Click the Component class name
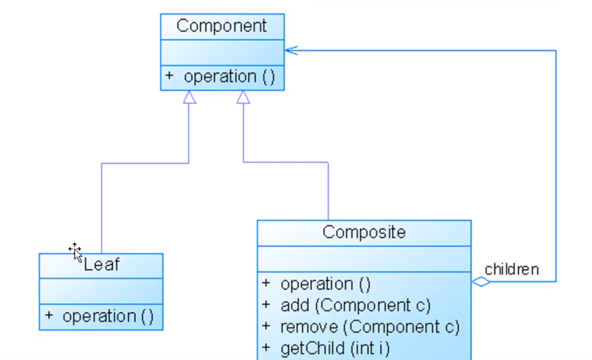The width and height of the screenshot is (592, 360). click(x=222, y=26)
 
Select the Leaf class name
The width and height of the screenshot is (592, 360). click(x=102, y=264)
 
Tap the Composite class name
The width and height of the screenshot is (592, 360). click(x=364, y=232)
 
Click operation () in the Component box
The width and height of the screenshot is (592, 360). click(x=229, y=77)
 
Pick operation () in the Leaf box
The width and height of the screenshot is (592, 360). click(x=108, y=317)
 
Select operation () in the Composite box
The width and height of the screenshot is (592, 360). click(x=326, y=284)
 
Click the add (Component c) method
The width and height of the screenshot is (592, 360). click(x=355, y=305)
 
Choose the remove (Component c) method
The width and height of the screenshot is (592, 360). click(x=370, y=327)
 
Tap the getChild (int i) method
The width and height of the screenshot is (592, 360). click(x=335, y=348)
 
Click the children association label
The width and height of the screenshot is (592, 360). click(x=512, y=269)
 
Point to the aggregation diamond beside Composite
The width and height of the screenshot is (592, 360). click(x=481, y=282)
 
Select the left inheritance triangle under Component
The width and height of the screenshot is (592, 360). click(x=189, y=97)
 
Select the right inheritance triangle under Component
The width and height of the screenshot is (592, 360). click(x=243, y=97)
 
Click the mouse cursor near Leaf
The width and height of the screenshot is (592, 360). click(x=75, y=251)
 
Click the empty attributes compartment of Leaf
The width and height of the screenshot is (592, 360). click(x=101, y=291)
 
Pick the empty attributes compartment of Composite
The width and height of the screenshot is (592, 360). click(x=364, y=258)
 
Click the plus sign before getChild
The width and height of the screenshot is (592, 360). click(x=266, y=348)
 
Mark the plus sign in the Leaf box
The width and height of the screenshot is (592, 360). click(x=49, y=316)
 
